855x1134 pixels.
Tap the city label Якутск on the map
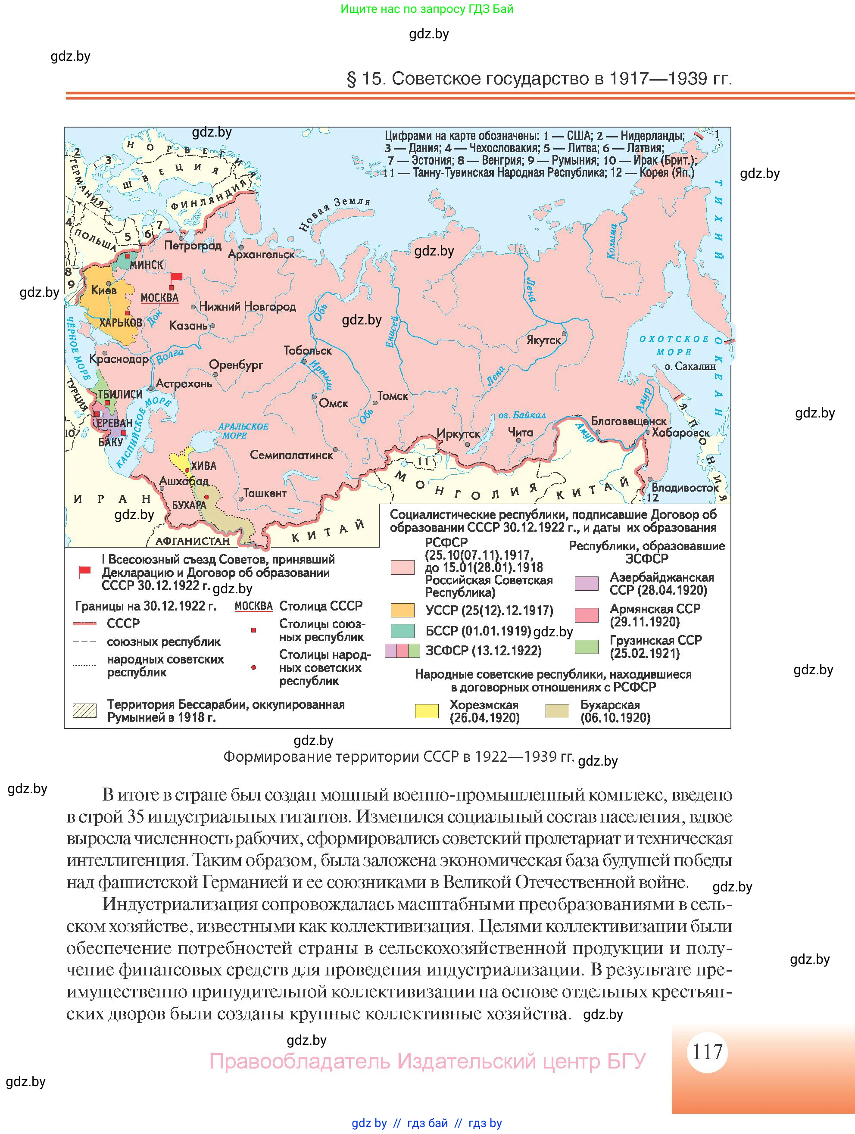pos(543,340)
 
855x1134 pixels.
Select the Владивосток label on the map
pos(685,488)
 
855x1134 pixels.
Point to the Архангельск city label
pos(261,254)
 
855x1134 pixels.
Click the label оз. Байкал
pos(522,415)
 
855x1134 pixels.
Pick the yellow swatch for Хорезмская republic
pos(427,711)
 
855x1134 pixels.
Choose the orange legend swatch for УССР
pos(403,610)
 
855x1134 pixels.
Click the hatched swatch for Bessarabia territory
pos(84,711)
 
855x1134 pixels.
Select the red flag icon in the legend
pos(84,572)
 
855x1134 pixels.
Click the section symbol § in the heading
pos(351,79)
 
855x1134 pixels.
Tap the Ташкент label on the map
pos(265,493)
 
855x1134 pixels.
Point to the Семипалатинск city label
pos(291,455)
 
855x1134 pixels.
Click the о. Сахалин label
pos(690,367)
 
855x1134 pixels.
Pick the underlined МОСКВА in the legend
pos(253,606)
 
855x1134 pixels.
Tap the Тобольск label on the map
pos(308,351)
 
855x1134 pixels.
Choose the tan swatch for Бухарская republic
pos(558,711)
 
